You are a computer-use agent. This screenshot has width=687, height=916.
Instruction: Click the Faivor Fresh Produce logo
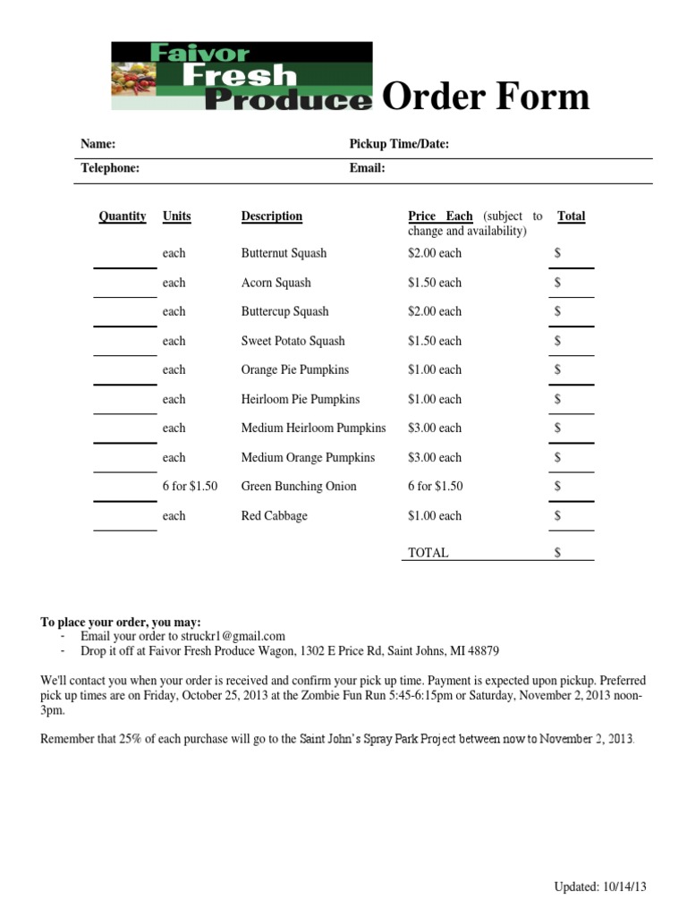click(242, 76)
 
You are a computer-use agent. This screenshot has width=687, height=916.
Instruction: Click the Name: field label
click(98, 144)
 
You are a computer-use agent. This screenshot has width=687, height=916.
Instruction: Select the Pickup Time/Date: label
click(398, 144)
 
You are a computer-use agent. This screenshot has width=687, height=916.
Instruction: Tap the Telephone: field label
click(110, 168)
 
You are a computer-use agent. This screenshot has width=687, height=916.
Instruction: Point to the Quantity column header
click(123, 216)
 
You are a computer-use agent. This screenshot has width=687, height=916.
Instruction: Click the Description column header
click(271, 216)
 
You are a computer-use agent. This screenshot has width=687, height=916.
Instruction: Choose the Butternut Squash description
click(284, 254)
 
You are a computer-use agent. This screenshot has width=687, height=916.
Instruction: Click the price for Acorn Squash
click(435, 283)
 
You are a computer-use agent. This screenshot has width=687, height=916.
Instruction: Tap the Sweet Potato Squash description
click(293, 341)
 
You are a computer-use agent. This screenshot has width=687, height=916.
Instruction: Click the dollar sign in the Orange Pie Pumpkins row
click(557, 370)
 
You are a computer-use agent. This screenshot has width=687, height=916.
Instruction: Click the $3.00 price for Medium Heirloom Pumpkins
click(435, 428)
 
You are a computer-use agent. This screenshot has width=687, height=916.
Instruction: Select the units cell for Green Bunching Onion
click(190, 487)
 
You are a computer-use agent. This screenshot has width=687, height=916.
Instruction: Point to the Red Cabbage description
click(274, 516)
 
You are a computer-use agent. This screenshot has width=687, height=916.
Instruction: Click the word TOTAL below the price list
click(428, 553)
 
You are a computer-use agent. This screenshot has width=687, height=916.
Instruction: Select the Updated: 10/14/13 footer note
click(599, 886)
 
